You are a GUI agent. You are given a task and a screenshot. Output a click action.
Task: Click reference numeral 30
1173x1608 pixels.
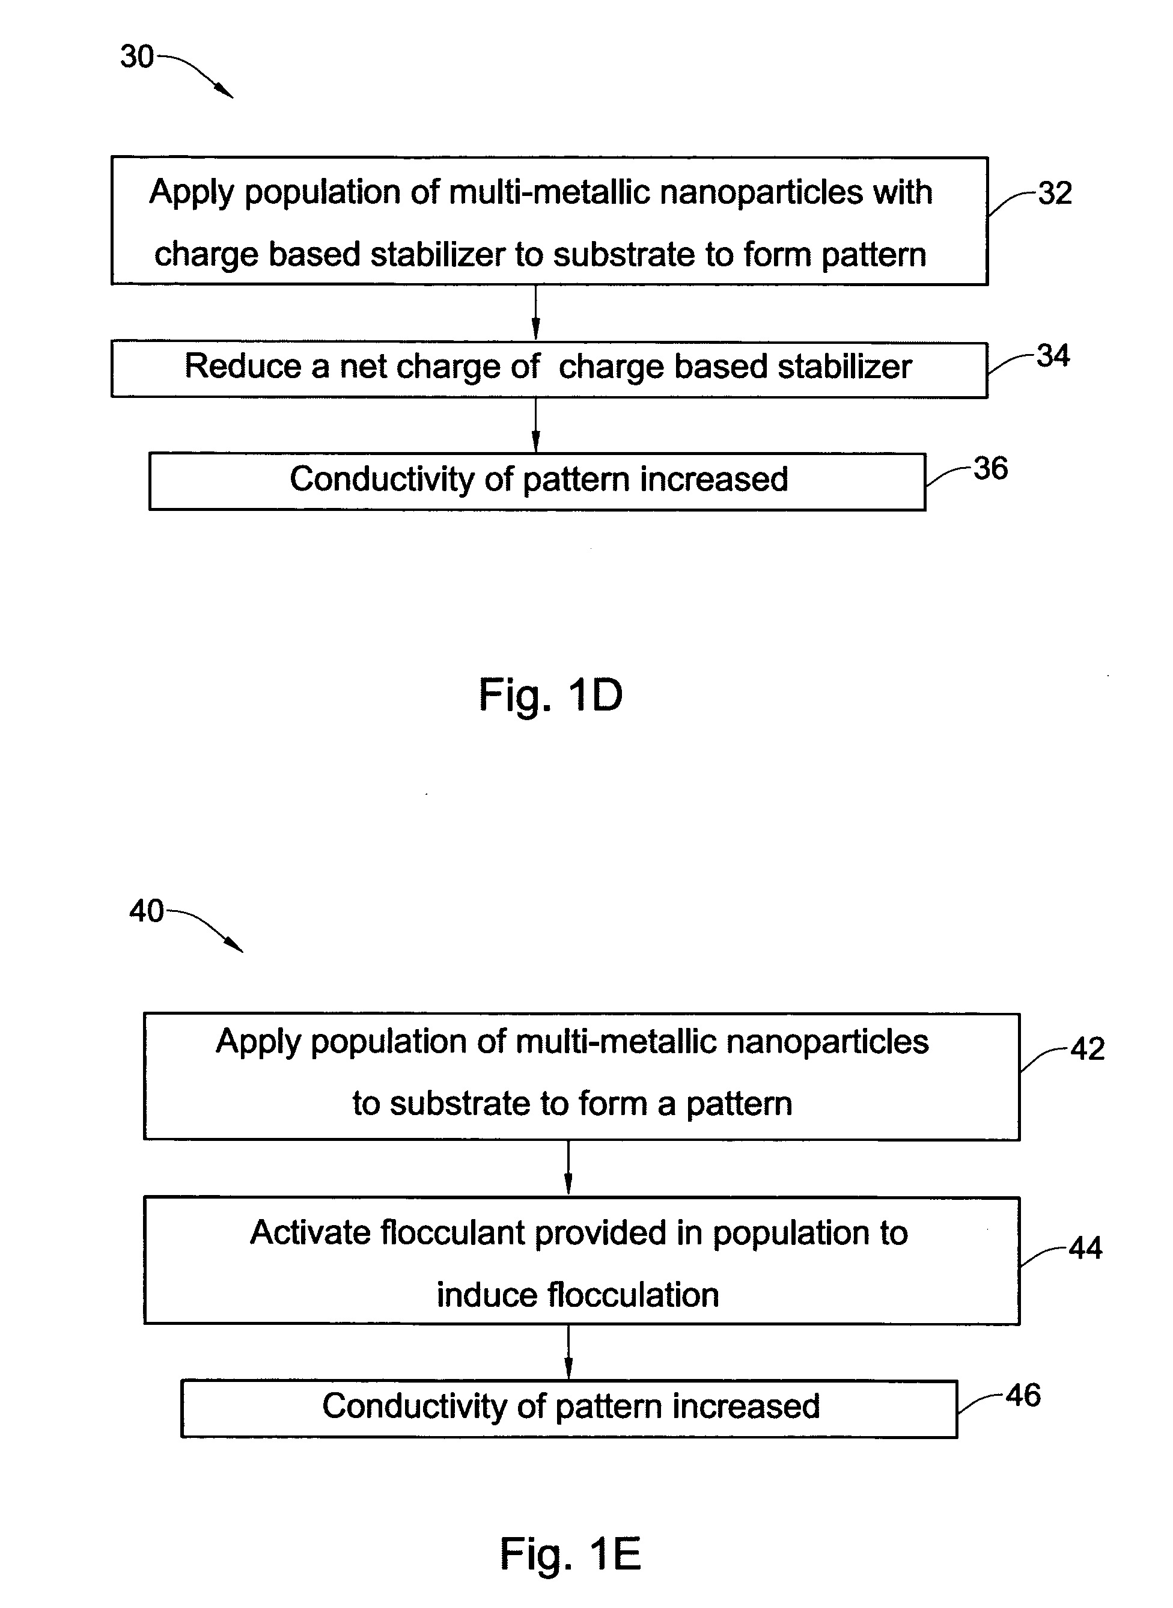[x=136, y=57]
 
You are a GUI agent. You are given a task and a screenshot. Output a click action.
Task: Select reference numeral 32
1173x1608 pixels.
[x=1055, y=193]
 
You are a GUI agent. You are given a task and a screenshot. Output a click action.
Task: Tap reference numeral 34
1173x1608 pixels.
[x=1052, y=355]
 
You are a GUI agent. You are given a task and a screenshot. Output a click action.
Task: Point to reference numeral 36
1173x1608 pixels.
[x=990, y=468]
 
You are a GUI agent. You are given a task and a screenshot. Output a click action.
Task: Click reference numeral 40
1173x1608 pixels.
[x=146, y=911]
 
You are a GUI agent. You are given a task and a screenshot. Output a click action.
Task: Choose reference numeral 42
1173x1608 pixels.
[x=1087, y=1048]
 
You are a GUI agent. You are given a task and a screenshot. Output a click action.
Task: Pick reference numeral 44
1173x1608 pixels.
[x=1085, y=1247]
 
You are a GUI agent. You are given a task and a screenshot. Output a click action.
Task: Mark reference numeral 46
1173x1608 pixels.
[x=1023, y=1395]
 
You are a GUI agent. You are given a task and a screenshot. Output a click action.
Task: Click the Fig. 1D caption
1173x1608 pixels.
[x=550, y=695]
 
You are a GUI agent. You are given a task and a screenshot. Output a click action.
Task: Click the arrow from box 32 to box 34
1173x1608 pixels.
[x=535, y=313]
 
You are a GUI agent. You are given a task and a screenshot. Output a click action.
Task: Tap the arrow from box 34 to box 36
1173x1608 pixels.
[x=535, y=425]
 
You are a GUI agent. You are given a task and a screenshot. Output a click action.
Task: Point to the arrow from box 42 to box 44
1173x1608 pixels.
[x=568, y=1169]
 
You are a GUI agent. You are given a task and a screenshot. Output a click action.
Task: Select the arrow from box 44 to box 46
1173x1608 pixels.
[x=568, y=1351]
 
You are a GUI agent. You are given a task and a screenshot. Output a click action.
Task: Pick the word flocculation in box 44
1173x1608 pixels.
[x=633, y=1295]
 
